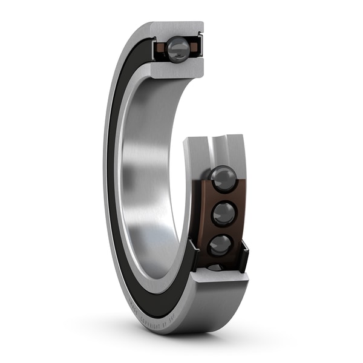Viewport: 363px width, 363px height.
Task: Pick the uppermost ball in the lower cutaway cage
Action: pos(223,179)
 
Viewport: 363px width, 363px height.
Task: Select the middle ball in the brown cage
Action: pos(223,213)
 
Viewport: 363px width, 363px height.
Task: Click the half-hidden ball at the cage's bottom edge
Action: pos(215,267)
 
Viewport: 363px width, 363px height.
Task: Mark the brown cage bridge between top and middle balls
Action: pos(224,197)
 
